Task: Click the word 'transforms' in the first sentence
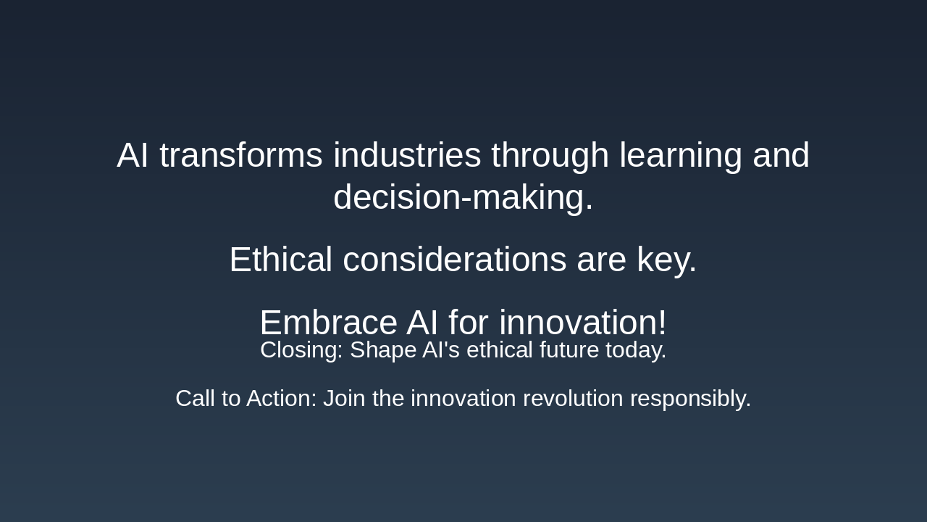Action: pyautogui.click(x=240, y=156)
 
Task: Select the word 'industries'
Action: pyautogui.click(x=407, y=156)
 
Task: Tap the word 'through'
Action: pyautogui.click(x=550, y=156)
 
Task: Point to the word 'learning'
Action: pyautogui.click(x=680, y=156)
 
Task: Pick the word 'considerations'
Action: pyautogui.click(x=454, y=260)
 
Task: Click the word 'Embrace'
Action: pyautogui.click(x=327, y=323)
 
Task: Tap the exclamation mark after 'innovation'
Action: pyautogui.click(x=662, y=323)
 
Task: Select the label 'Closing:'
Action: pyautogui.click(x=301, y=350)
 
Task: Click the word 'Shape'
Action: pyautogui.click(x=380, y=350)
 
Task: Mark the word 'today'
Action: pyautogui.click(x=633, y=350)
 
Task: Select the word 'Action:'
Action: pyautogui.click(x=281, y=399)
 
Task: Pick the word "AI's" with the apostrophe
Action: pyautogui.click(x=438, y=350)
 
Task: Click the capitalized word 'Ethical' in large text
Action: pyautogui.click(x=280, y=260)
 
